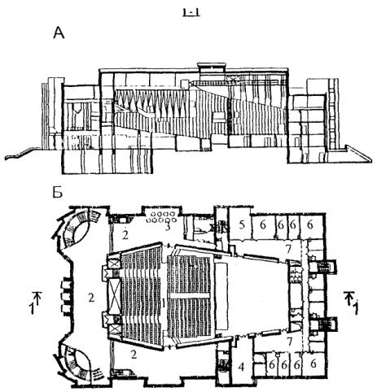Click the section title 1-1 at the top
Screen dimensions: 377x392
click(191, 12)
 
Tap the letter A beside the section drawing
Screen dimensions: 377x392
click(59, 33)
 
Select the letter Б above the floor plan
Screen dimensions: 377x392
click(57, 192)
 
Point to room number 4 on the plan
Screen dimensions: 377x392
click(241, 367)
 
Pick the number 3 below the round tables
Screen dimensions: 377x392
click(168, 227)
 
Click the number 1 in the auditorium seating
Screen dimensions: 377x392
click(164, 303)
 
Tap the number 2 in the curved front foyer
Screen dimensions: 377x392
click(91, 298)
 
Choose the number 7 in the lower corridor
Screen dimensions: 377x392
click(290, 342)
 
